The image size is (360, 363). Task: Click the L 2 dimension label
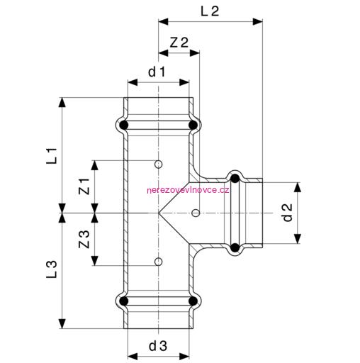210,11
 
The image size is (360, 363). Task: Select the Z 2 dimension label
179,43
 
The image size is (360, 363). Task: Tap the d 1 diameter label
157,72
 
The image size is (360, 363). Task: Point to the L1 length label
52,156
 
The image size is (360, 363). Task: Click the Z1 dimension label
84,186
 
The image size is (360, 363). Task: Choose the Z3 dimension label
84,239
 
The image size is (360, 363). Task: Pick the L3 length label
52,269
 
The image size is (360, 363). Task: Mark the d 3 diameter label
158,346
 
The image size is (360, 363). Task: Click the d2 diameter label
288,213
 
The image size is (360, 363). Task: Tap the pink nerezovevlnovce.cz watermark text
188,190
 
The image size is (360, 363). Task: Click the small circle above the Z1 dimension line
158,164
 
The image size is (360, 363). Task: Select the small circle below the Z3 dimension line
158,262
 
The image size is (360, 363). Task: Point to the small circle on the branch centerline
196,213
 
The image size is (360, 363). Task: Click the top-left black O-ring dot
124,125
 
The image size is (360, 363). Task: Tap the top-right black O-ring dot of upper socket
193,125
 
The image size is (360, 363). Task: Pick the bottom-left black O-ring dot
124,301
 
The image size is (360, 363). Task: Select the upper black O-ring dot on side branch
235,179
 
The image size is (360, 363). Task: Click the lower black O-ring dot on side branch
235,247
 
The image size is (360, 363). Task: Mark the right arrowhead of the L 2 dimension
257,22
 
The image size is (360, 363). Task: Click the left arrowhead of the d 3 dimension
133,356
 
